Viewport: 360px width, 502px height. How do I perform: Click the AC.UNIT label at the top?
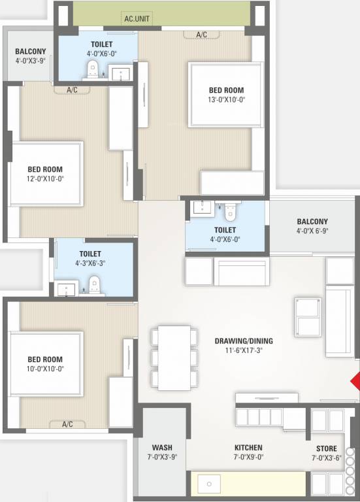point(138,19)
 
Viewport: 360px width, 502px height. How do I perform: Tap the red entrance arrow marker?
point(355,382)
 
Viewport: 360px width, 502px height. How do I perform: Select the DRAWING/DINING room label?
point(244,341)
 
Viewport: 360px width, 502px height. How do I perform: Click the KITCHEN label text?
point(248,448)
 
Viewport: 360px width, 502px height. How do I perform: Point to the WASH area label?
point(161,448)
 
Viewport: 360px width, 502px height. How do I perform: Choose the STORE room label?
point(327,448)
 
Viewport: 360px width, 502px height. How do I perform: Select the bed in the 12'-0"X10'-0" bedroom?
point(46,173)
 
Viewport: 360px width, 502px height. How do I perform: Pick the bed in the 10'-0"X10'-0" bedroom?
point(46,363)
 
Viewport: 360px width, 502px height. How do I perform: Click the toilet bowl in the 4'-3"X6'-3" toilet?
point(95,285)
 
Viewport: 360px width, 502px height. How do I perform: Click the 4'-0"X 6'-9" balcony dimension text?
point(312,231)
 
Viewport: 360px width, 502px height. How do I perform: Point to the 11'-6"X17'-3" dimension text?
point(244,350)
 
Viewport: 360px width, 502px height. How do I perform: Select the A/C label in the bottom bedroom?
point(67,424)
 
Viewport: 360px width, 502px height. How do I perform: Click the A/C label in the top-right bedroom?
point(201,34)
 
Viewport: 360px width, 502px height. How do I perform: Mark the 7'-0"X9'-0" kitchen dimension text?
point(248,457)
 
